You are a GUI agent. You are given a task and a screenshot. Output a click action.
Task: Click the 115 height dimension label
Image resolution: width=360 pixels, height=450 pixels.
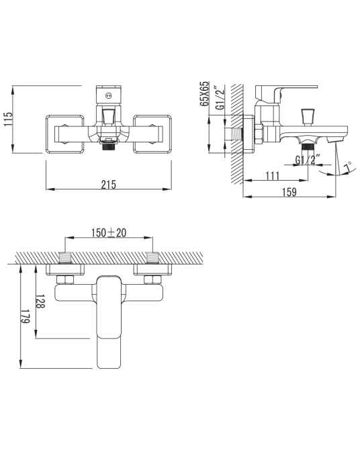(x=9, y=119)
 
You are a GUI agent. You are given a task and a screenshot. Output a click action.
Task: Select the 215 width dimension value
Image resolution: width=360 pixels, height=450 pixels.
(x=109, y=185)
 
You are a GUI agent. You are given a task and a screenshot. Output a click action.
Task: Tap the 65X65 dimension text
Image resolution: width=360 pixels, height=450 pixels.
(x=205, y=94)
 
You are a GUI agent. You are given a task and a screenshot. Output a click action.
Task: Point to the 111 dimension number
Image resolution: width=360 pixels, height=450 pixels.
(x=272, y=176)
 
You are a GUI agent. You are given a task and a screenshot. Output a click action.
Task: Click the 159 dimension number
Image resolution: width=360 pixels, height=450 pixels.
(x=289, y=192)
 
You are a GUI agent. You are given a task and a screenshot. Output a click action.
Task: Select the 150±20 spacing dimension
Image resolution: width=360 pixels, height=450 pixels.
(x=109, y=232)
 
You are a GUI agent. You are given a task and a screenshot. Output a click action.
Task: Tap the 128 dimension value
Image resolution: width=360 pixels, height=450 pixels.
(x=40, y=301)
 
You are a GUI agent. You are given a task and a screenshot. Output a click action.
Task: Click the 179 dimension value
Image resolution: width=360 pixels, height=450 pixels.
(x=25, y=316)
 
